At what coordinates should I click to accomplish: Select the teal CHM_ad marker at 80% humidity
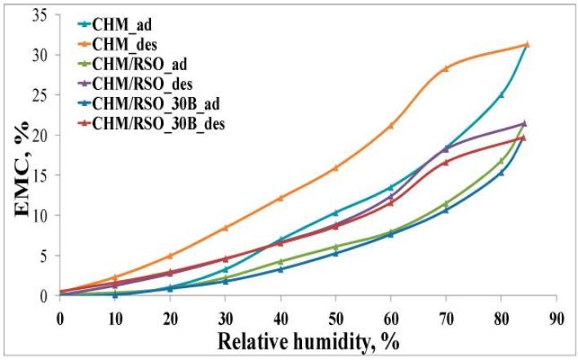tap(501, 95)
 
